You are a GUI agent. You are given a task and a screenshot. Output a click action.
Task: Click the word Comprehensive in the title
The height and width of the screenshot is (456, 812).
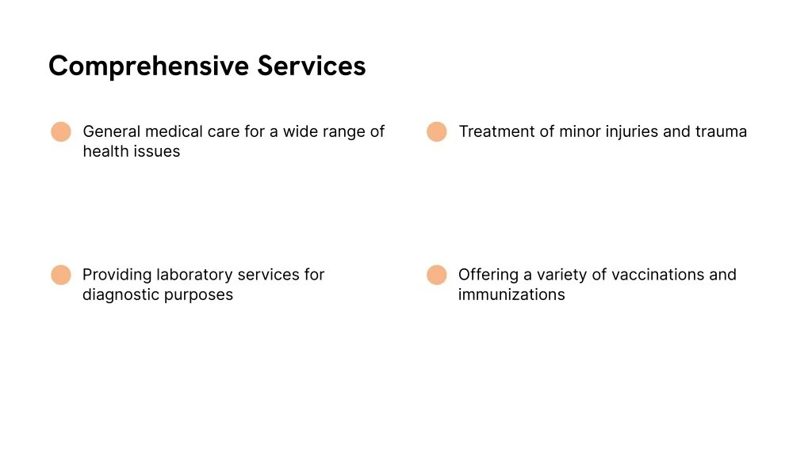click(x=148, y=66)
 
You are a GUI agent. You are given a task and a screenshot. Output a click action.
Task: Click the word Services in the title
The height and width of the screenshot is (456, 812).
click(x=312, y=66)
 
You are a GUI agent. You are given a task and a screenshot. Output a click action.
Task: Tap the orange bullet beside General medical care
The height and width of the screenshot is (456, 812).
click(x=61, y=132)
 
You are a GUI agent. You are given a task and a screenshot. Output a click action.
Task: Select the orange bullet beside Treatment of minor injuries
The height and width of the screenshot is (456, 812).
click(x=437, y=132)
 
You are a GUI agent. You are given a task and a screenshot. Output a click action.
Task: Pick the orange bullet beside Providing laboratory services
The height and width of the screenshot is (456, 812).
click(x=61, y=275)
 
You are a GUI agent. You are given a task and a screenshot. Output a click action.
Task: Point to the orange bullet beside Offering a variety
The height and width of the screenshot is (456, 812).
click(x=437, y=275)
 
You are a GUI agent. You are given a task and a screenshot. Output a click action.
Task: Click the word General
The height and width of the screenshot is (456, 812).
click(x=111, y=131)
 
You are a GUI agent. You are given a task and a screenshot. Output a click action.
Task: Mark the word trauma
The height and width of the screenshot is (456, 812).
click(x=721, y=131)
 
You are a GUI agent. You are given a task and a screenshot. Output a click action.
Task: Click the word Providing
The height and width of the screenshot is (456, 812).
click(x=117, y=275)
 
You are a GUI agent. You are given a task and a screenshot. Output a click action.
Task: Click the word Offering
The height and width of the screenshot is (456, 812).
click(x=487, y=275)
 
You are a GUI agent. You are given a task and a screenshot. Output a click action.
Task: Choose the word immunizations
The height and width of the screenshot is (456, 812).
click(x=511, y=294)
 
